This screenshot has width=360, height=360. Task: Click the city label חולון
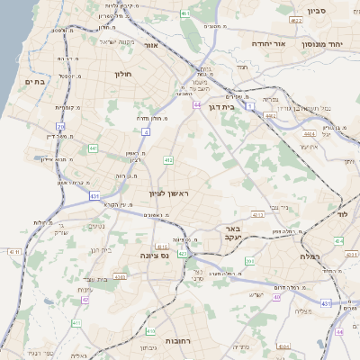[123, 73]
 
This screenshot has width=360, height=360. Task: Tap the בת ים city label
[35, 81]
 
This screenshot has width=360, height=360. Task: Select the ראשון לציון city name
[169, 193]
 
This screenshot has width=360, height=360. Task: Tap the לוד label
[348, 215]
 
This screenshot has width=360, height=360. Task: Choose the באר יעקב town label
[234, 234]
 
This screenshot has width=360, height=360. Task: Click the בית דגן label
[240, 107]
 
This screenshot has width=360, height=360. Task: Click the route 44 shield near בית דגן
[196, 105]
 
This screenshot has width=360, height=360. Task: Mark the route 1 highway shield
[248, 106]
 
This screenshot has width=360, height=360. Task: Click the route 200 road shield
[250, 261]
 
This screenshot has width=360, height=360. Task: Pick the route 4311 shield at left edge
[13, 251]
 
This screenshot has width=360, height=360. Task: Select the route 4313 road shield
[258, 215]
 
